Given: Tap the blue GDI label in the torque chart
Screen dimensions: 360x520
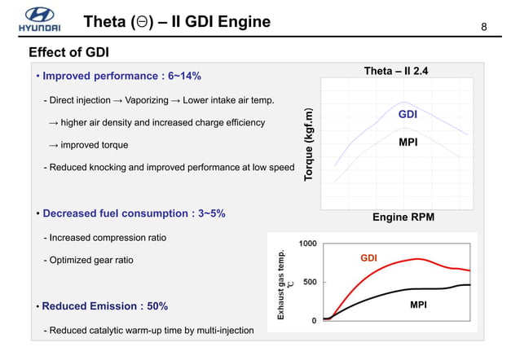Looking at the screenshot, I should click(x=408, y=115).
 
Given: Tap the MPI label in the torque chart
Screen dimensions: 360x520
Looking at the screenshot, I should click(x=408, y=142).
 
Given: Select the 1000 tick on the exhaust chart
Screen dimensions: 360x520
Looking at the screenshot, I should click(x=308, y=244).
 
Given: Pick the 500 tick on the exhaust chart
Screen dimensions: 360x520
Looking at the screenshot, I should click(x=311, y=282).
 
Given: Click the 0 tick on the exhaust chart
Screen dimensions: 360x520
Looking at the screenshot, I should click(x=315, y=320).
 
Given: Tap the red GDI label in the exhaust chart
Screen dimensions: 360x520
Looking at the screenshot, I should click(x=369, y=258).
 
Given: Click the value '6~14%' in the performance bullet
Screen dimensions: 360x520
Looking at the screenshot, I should click(x=180, y=77).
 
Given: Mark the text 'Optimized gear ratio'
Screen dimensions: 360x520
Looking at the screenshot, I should click(x=90, y=260).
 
